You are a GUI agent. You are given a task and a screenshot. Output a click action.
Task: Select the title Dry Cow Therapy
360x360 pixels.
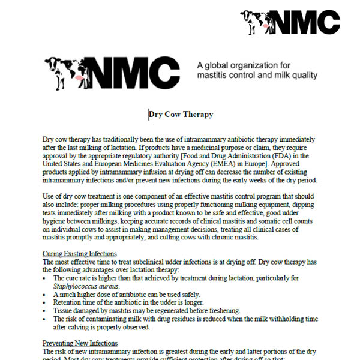click(181, 115)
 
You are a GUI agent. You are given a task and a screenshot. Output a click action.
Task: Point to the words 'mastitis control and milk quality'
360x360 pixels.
click(257, 76)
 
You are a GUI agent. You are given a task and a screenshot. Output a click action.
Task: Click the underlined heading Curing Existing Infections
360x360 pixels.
click(80, 254)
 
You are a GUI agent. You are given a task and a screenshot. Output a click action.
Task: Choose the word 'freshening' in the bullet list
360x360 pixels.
click(221, 311)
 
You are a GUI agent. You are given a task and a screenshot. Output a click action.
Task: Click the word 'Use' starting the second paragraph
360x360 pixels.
click(50, 196)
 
